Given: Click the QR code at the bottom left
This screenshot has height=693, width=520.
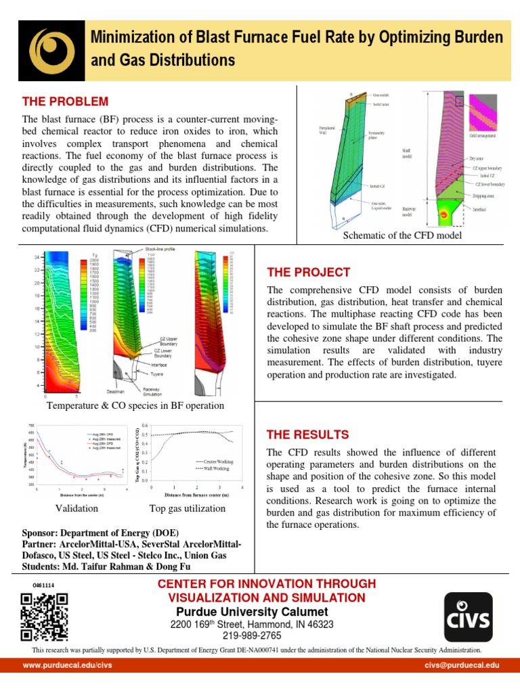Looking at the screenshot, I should click(45, 616).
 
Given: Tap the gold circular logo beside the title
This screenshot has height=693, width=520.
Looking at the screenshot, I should click(51, 51).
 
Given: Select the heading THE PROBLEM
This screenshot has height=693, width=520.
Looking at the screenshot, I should click(65, 102).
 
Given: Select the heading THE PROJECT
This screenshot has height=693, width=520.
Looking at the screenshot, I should click(309, 272).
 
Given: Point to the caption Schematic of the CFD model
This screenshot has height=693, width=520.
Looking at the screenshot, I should click(403, 235).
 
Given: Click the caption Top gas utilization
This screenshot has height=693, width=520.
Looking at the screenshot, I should click(188, 508).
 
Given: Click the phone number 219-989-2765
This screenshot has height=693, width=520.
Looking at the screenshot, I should click(252, 635).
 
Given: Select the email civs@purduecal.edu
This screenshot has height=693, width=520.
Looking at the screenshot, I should click(462, 666).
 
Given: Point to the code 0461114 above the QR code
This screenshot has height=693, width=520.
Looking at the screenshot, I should click(43, 584).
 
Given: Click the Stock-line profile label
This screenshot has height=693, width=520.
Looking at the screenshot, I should click(160, 249).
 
